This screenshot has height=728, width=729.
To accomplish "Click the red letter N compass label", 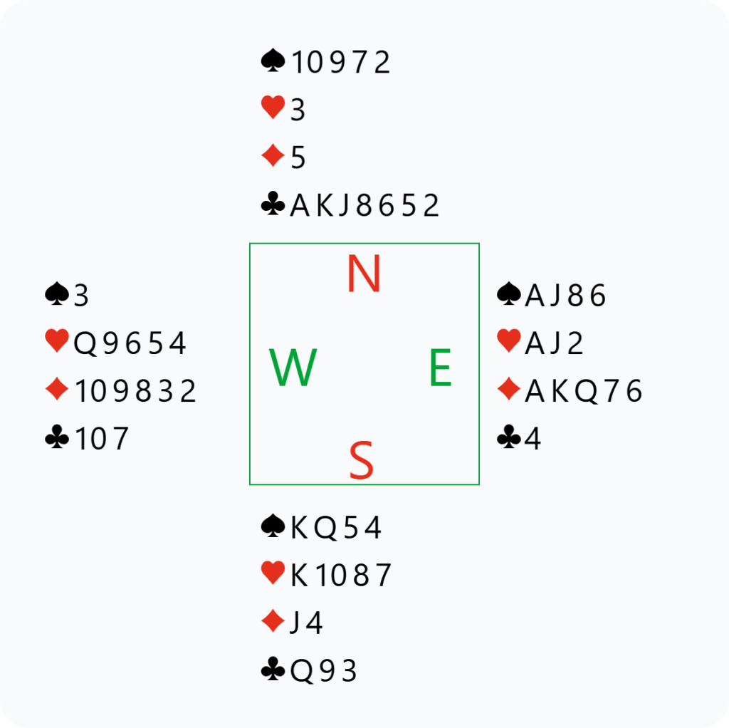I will [x=364, y=275].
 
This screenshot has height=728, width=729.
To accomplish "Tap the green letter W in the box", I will [x=293, y=368].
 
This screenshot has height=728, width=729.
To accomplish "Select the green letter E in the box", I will [x=440, y=369].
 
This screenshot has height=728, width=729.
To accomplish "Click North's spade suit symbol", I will [x=273, y=62].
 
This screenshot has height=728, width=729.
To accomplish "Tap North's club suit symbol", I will [x=273, y=205].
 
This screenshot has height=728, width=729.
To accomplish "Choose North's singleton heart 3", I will [x=298, y=110].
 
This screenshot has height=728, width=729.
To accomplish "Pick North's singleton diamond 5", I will [x=298, y=158].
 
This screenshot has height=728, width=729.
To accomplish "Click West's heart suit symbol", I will [x=56, y=343].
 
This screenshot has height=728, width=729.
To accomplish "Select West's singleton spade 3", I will [x=81, y=296].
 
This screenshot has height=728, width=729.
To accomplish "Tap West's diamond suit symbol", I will [x=57, y=390].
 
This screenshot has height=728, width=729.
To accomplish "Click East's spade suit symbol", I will [x=508, y=294].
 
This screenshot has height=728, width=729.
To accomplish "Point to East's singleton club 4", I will [x=533, y=439].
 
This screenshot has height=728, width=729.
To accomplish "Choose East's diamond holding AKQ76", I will [x=583, y=391].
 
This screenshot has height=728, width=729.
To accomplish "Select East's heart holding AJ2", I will [x=554, y=343].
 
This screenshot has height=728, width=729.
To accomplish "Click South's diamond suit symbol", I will [x=273, y=622].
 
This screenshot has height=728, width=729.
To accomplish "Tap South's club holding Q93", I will [x=323, y=670].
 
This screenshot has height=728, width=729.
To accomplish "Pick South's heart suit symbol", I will [x=273, y=574].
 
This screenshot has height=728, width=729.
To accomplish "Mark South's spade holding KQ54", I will [x=336, y=528].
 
